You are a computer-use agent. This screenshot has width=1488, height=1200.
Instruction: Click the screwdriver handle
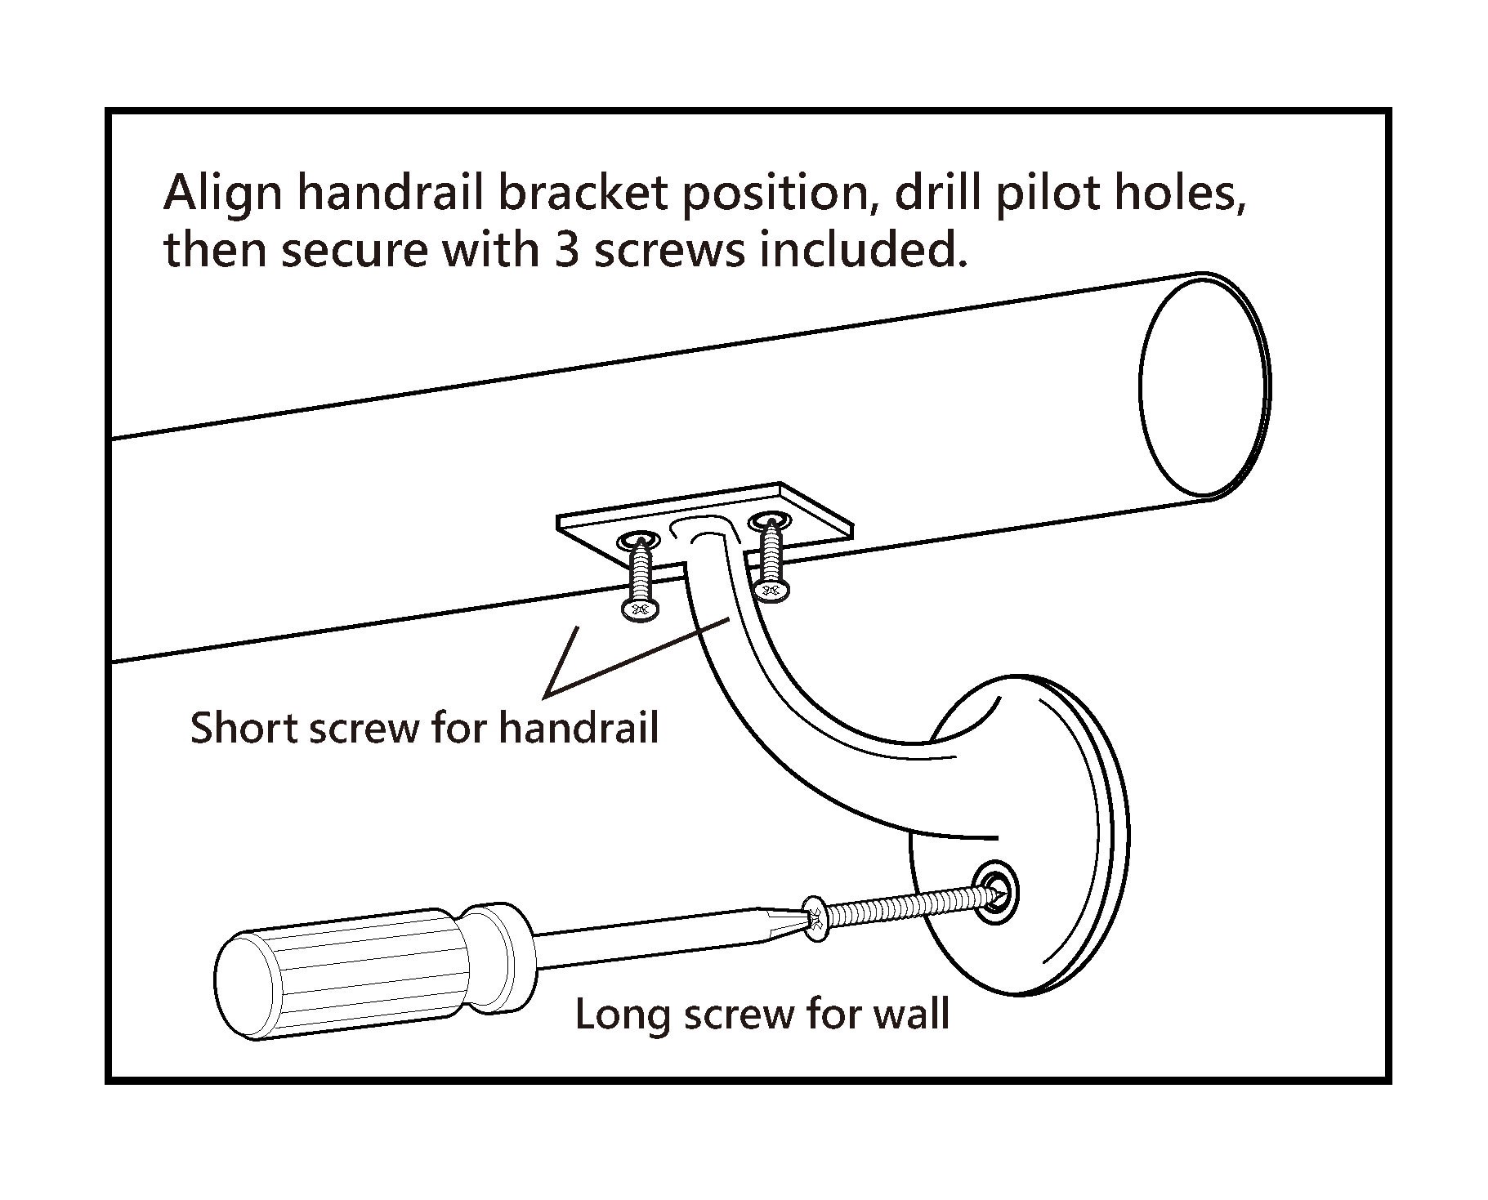(360, 972)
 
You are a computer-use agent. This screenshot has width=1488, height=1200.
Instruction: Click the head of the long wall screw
(815, 918)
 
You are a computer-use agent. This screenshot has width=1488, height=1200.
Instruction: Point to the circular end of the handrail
(1203, 386)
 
